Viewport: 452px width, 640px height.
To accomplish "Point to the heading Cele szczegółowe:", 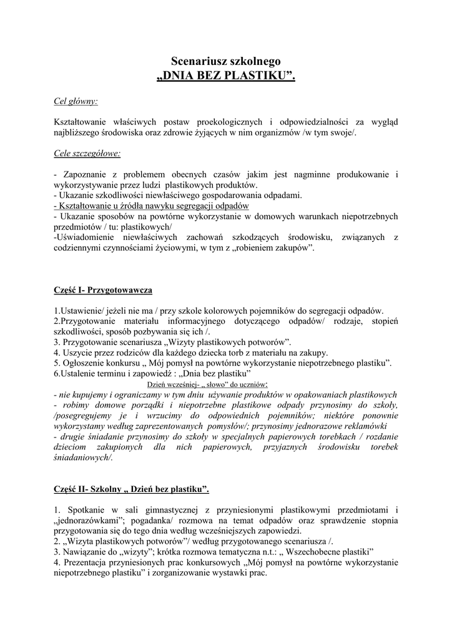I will tap(87, 152).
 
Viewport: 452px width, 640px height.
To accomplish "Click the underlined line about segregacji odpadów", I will tap(152, 206).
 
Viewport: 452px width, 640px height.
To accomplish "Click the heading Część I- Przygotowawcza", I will tap(103, 290).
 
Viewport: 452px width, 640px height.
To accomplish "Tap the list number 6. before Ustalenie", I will tap(57, 374).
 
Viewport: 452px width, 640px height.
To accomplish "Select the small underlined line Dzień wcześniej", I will tap(207, 384).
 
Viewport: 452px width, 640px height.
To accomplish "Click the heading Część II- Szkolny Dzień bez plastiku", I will tap(132, 489).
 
